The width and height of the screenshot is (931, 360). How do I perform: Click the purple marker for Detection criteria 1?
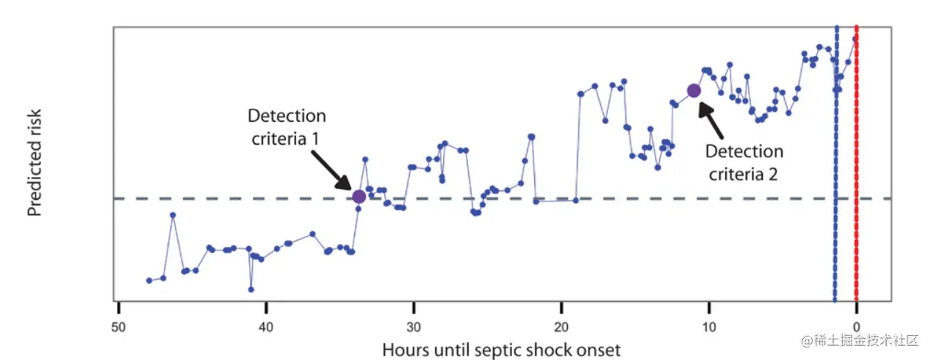[359, 196]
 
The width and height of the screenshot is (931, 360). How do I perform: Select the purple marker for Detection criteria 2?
[694, 90]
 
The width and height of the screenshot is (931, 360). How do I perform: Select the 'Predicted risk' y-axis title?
[35, 163]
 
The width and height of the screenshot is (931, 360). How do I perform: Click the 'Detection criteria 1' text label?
[287, 126]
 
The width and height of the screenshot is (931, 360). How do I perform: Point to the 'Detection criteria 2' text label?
[744, 162]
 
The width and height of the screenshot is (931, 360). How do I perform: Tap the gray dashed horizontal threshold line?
[220, 198]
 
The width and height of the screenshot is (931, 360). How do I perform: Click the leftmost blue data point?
[149, 281]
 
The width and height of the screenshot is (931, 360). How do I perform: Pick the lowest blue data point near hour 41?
[251, 289]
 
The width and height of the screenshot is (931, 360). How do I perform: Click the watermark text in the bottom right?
[860, 340]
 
